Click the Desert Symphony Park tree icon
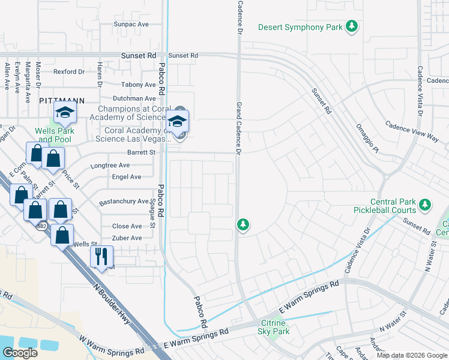[352, 27]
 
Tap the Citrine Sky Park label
[274, 327]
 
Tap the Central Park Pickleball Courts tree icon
[425, 206]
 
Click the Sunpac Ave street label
[131, 25]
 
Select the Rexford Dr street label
[69, 71]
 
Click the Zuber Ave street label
[127, 238]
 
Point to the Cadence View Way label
[412, 131]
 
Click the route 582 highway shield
[41, 227]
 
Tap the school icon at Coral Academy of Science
[177, 121]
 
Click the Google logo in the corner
[20, 353]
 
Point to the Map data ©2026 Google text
[412, 355]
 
